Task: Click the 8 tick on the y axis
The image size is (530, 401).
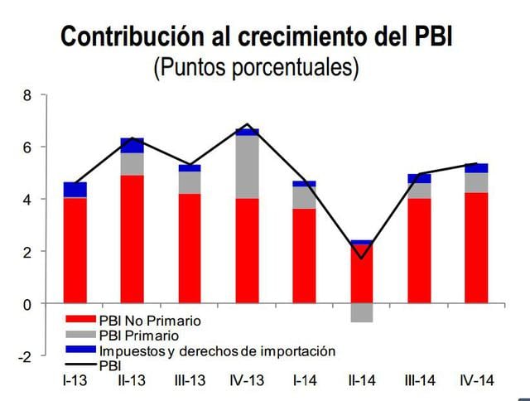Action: [x=26, y=95]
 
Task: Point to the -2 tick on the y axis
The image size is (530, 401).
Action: [x=24, y=356]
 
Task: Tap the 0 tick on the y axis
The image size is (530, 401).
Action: [x=26, y=304]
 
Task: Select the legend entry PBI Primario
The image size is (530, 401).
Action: [x=138, y=336]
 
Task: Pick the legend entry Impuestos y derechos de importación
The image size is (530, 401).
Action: [x=216, y=350]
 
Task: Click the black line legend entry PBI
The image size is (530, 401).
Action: [x=109, y=364]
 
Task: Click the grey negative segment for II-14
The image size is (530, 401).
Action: [x=361, y=312]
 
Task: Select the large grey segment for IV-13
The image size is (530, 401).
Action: [x=247, y=167]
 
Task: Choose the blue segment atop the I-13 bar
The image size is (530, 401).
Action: [x=76, y=190]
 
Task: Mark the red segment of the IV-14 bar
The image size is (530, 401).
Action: [x=476, y=248]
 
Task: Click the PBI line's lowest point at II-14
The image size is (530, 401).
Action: [x=361, y=258]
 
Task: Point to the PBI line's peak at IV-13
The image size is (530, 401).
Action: [x=247, y=124]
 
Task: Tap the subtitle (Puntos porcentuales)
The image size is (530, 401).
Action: [x=256, y=67]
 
